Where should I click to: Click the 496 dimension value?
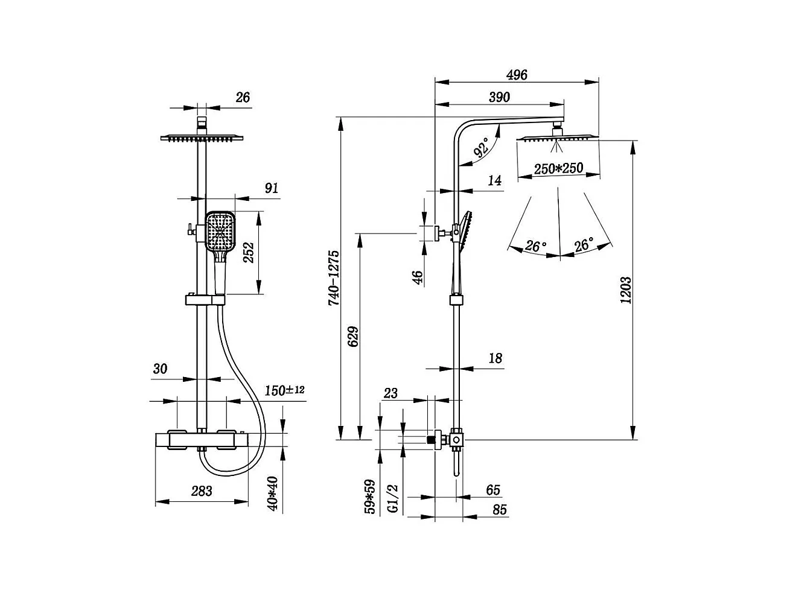(x=517, y=75)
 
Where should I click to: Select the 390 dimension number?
(x=499, y=97)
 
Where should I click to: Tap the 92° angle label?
(x=482, y=147)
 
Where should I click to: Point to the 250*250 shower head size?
(x=558, y=168)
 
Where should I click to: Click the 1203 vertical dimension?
(x=626, y=290)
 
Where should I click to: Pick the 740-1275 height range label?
(x=333, y=278)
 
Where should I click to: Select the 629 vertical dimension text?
(x=353, y=336)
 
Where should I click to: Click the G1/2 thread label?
(x=393, y=499)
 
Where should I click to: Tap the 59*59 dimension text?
(x=369, y=497)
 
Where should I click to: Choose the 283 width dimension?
(x=201, y=491)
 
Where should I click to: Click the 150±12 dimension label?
(x=285, y=390)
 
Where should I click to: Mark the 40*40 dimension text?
(x=272, y=493)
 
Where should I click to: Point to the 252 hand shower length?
(x=249, y=253)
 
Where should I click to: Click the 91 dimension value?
(x=272, y=188)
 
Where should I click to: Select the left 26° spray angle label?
(x=536, y=246)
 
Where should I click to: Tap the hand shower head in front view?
(x=220, y=231)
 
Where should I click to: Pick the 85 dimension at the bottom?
(x=500, y=509)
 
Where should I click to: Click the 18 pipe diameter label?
(x=495, y=358)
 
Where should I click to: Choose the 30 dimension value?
(x=160, y=369)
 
